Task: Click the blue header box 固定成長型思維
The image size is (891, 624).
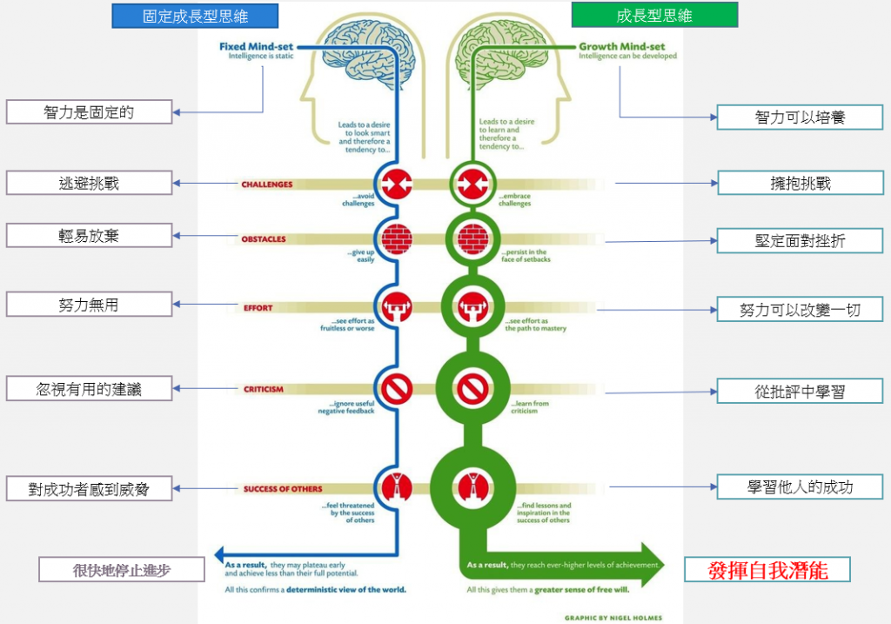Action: [x=195, y=16]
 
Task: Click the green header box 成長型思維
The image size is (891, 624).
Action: [x=654, y=15]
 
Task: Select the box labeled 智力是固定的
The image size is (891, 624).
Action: [x=89, y=111]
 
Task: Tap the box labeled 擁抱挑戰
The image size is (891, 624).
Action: [x=800, y=183]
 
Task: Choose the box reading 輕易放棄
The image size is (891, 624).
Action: [x=89, y=236]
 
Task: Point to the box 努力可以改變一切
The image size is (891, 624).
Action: [x=800, y=309]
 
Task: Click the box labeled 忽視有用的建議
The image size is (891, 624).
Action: [x=89, y=389]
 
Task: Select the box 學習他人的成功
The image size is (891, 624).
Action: [x=800, y=486]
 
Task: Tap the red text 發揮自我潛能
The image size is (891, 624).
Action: [x=767, y=570]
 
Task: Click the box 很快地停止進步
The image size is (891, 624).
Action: [x=122, y=570]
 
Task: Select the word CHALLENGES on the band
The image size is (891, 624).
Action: [x=266, y=185]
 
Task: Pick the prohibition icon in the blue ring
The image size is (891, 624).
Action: [x=397, y=388]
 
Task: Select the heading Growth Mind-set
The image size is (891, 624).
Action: [x=623, y=46]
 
